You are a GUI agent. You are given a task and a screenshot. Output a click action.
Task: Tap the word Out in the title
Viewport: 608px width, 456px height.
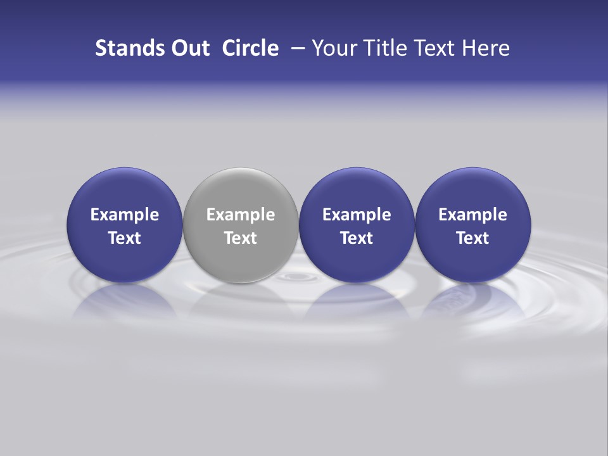click(x=189, y=48)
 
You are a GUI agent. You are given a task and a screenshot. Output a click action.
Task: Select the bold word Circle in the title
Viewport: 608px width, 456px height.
click(x=250, y=48)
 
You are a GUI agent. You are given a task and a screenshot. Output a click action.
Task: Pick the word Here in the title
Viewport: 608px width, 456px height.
click(x=486, y=48)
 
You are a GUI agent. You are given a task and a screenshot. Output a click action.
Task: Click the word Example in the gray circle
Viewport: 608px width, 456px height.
click(x=241, y=215)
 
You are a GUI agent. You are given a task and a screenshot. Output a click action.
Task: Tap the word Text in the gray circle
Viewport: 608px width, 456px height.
click(x=241, y=238)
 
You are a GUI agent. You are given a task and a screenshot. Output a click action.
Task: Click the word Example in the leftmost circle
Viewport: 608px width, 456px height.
click(x=125, y=215)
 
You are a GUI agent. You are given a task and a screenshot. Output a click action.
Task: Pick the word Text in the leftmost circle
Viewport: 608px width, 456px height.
click(x=125, y=238)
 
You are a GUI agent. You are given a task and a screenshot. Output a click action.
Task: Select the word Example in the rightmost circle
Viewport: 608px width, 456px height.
click(x=472, y=215)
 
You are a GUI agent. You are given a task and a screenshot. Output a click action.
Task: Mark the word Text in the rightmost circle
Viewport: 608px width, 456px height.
click(x=472, y=238)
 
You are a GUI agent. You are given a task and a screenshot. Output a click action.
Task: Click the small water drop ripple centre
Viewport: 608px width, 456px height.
click(x=293, y=277)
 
